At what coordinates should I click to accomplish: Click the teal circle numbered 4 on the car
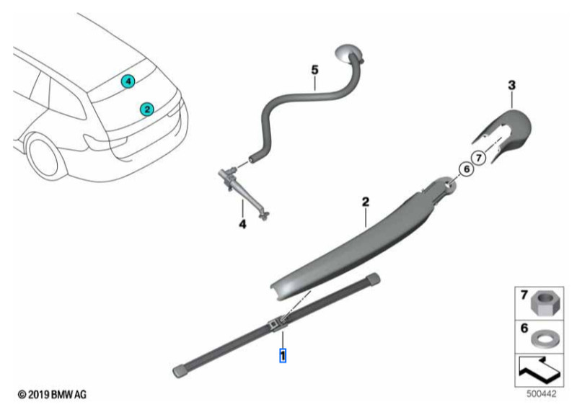coord(128,82)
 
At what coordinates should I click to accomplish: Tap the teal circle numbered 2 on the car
coord(146,109)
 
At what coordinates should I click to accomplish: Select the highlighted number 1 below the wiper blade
coord(283,355)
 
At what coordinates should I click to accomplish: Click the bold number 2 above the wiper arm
coord(366,202)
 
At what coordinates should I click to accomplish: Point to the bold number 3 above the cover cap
coord(511,86)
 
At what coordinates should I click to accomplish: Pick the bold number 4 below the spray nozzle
coord(243,225)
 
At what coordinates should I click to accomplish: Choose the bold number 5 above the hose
coord(314,70)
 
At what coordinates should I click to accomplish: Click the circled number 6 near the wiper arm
coord(465,169)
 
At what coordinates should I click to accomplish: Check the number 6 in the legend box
coord(524,328)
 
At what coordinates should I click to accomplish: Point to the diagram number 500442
coord(540,395)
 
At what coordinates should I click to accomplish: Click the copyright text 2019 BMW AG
coord(55,395)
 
